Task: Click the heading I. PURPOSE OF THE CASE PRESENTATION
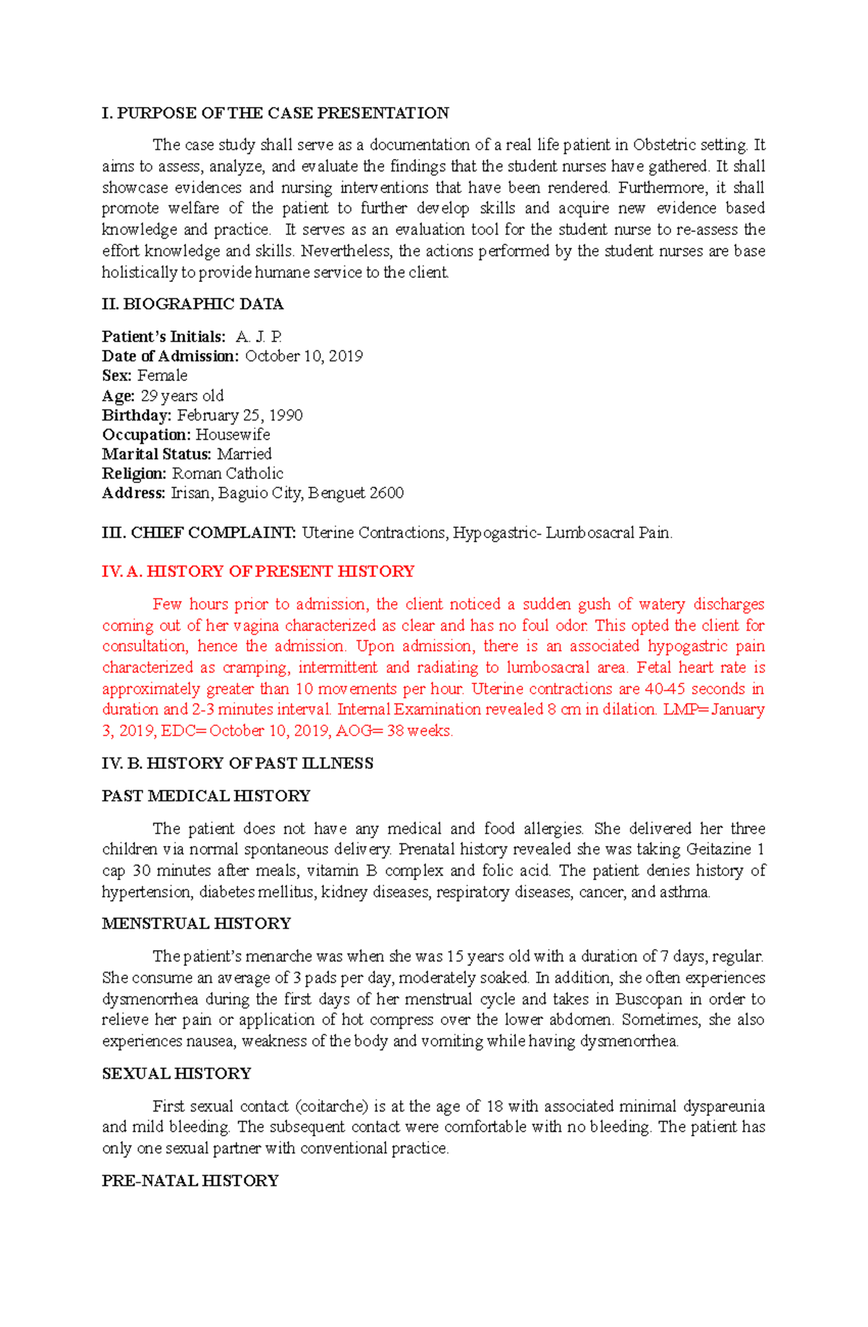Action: (x=275, y=113)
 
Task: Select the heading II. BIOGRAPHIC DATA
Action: (x=192, y=304)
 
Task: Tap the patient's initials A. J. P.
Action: (x=258, y=337)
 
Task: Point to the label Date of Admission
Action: (x=170, y=357)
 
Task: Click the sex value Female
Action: (x=162, y=376)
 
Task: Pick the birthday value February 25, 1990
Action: (x=239, y=415)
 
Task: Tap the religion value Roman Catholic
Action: (x=227, y=474)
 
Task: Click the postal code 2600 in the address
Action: (x=386, y=493)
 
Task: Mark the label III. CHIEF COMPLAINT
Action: (x=199, y=533)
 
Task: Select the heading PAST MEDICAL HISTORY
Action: (x=206, y=796)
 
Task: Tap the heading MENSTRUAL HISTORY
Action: (x=196, y=923)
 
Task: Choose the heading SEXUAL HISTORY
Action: (x=176, y=1074)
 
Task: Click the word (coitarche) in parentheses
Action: (x=331, y=1106)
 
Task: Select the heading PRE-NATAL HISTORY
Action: (x=190, y=1181)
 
